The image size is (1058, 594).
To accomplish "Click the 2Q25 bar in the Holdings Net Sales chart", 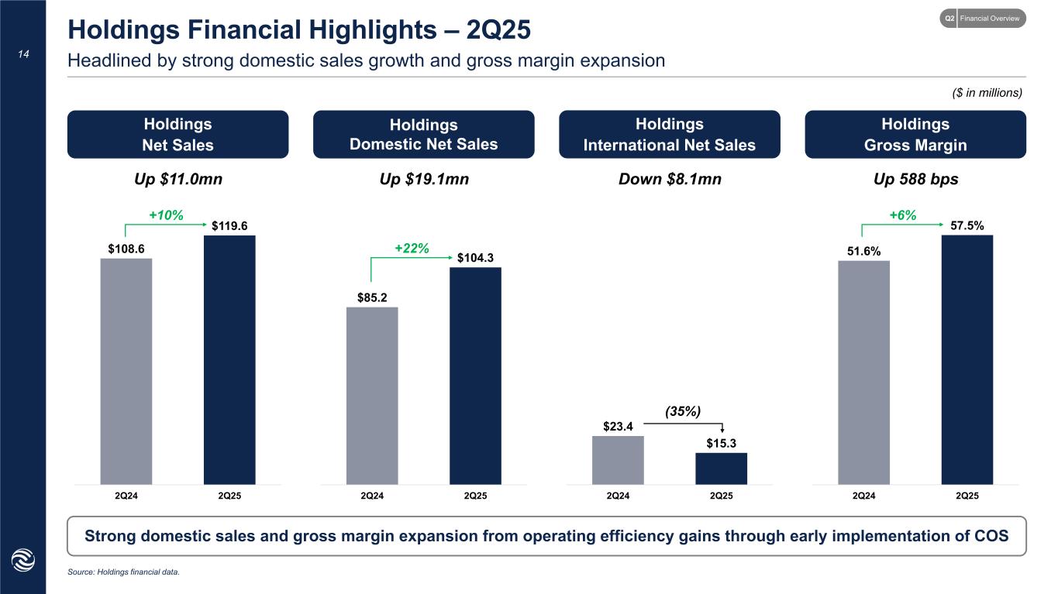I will pyautogui.click(x=229, y=359).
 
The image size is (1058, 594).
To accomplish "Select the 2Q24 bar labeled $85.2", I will pyautogui.click(x=372, y=395).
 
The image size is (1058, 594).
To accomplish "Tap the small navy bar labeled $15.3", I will pyautogui.click(x=721, y=468).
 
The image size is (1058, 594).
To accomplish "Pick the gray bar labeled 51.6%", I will pyautogui.click(x=863, y=372).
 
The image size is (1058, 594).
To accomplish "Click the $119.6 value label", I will pyautogui.click(x=230, y=226).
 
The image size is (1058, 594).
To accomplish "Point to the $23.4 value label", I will pyautogui.click(x=618, y=425).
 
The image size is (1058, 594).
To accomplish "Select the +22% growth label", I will pyautogui.click(x=412, y=248).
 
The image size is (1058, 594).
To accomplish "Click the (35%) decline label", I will pyautogui.click(x=683, y=412).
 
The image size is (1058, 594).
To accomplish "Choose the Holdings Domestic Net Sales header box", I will pyautogui.click(x=423, y=134).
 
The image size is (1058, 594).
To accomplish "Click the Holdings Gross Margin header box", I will pyautogui.click(x=915, y=134).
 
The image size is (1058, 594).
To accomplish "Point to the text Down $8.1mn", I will pyautogui.click(x=670, y=180).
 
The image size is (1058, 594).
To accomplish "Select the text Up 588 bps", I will pyautogui.click(x=915, y=180).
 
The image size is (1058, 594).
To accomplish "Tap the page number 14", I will pyautogui.click(x=23, y=55).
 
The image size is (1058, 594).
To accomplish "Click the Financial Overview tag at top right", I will pyautogui.click(x=991, y=18).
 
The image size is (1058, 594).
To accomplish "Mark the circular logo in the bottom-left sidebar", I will pyautogui.click(x=23, y=559).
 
